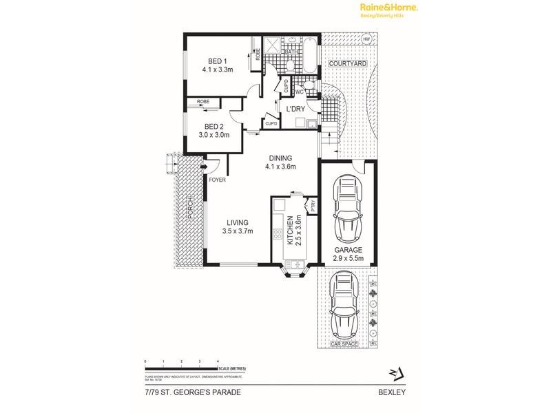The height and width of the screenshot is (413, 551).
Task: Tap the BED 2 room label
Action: pos(215,126)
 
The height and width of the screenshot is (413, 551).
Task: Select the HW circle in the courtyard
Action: pos(366,39)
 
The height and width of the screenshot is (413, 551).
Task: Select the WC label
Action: pos(300,92)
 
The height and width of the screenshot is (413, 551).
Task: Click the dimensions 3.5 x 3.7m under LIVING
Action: pos(238,231)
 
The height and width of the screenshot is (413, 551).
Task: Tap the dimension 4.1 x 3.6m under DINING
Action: pos(282,166)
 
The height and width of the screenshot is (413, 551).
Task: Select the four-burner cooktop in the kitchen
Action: pos(278,234)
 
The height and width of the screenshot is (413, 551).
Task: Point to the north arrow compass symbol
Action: pos(393,374)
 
